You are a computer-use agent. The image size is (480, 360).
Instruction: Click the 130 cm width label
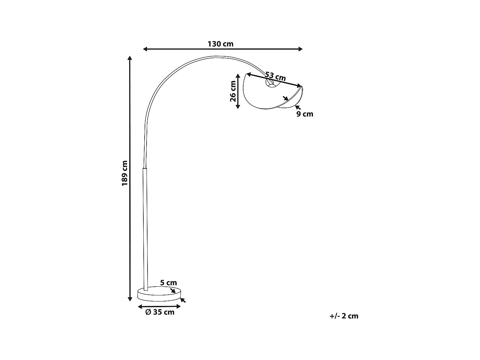(x=220, y=44)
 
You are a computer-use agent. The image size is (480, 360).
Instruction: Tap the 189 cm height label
(x=124, y=173)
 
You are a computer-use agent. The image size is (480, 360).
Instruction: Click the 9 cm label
(x=305, y=114)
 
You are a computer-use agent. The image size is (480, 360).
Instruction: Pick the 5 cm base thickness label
(x=168, y=283)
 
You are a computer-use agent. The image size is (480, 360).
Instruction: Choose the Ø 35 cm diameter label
(x=160, y=312)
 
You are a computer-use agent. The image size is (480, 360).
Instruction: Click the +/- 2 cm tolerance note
(x=344, y=316)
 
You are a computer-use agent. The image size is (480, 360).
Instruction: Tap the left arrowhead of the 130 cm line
(x=145, y=49)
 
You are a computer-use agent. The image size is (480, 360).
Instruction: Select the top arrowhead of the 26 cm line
(x=238, y=76)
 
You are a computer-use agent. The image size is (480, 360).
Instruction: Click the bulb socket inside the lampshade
(x=271, y=84)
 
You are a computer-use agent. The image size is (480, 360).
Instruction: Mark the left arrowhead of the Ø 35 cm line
(x=140, y=307)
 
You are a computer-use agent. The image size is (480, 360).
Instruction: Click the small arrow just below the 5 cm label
(x=173, y=291)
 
